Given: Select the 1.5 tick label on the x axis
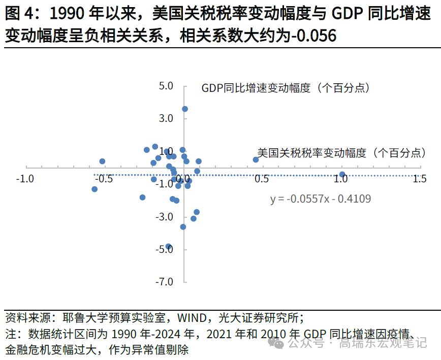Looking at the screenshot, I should tap(419, 179).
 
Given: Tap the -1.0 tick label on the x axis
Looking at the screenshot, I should tap(25, 179).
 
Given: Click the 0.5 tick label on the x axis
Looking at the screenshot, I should tap(262, 179).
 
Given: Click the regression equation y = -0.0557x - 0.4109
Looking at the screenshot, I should tap(320, 199).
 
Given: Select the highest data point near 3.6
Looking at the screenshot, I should tap(185, 109).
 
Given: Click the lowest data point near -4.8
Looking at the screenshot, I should tap(169, 246).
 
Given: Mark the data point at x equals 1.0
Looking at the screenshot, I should tap(342, 174).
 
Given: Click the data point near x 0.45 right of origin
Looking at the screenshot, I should tap(256, 160).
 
